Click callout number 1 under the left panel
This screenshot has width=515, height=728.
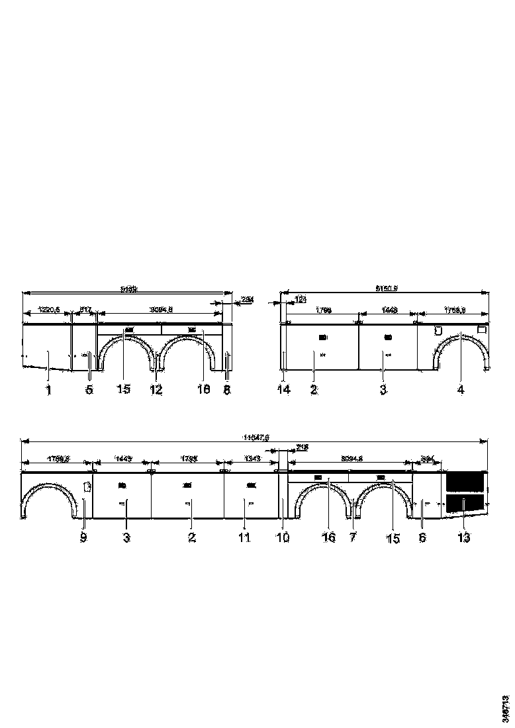coord(48,390)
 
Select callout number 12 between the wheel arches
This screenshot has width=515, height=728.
coord(156,390)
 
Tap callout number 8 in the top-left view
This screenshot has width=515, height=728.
coord(226,390)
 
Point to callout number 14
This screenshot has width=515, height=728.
coord(283,390)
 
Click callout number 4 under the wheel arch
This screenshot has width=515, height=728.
coord(461,390)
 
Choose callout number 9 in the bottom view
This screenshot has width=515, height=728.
coord(83,538)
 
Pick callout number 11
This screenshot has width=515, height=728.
coord(244,538)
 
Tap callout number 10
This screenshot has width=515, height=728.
coord(283,538)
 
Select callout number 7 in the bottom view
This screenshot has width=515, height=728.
coord(353,537)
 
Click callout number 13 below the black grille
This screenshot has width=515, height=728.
coord(463,538)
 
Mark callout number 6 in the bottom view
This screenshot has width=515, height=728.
coord(422,538)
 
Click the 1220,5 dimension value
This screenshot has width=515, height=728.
coord(48,309)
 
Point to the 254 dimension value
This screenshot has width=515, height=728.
coord(229,299)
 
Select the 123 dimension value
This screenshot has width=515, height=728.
coord(300,299)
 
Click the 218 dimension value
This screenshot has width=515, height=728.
coord(303,447)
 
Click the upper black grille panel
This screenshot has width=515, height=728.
coord(465,480)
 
